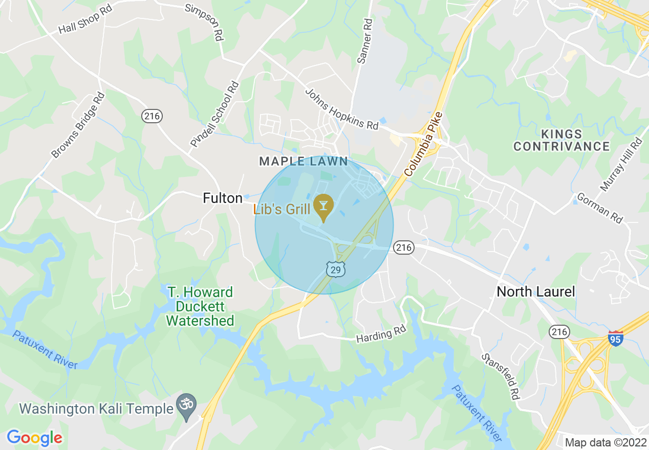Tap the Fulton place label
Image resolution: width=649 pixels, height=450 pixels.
[223, 198]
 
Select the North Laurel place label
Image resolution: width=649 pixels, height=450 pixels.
[536, 292]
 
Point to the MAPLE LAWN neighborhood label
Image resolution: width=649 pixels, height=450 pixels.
[304, 162]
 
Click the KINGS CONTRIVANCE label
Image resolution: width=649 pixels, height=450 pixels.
[561, 141]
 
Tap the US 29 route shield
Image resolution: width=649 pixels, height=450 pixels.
[336, 269]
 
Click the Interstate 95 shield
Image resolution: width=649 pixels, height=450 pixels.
[616, 339]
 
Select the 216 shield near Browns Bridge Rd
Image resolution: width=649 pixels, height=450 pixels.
[152, 116]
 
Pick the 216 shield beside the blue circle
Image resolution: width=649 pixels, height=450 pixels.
[403, 248]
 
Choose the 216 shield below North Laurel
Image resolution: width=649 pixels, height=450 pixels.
[560, 332]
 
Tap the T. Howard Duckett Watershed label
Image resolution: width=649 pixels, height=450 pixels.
[200, 306]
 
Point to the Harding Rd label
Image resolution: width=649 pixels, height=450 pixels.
[381, 334]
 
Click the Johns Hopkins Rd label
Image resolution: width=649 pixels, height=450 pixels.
[341, 109]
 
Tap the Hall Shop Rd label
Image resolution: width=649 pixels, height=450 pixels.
[85, 21]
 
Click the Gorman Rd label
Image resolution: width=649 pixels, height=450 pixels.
[600, 208]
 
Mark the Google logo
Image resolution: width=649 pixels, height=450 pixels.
[34, 438]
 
